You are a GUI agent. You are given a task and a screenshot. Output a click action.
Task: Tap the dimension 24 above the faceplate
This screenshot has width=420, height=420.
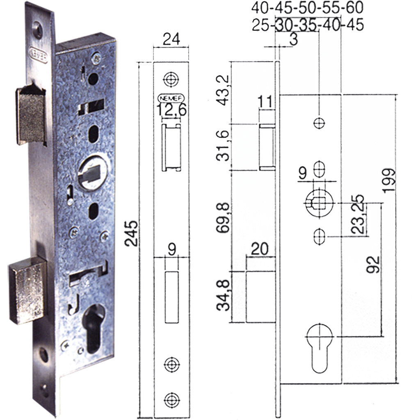171,40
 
